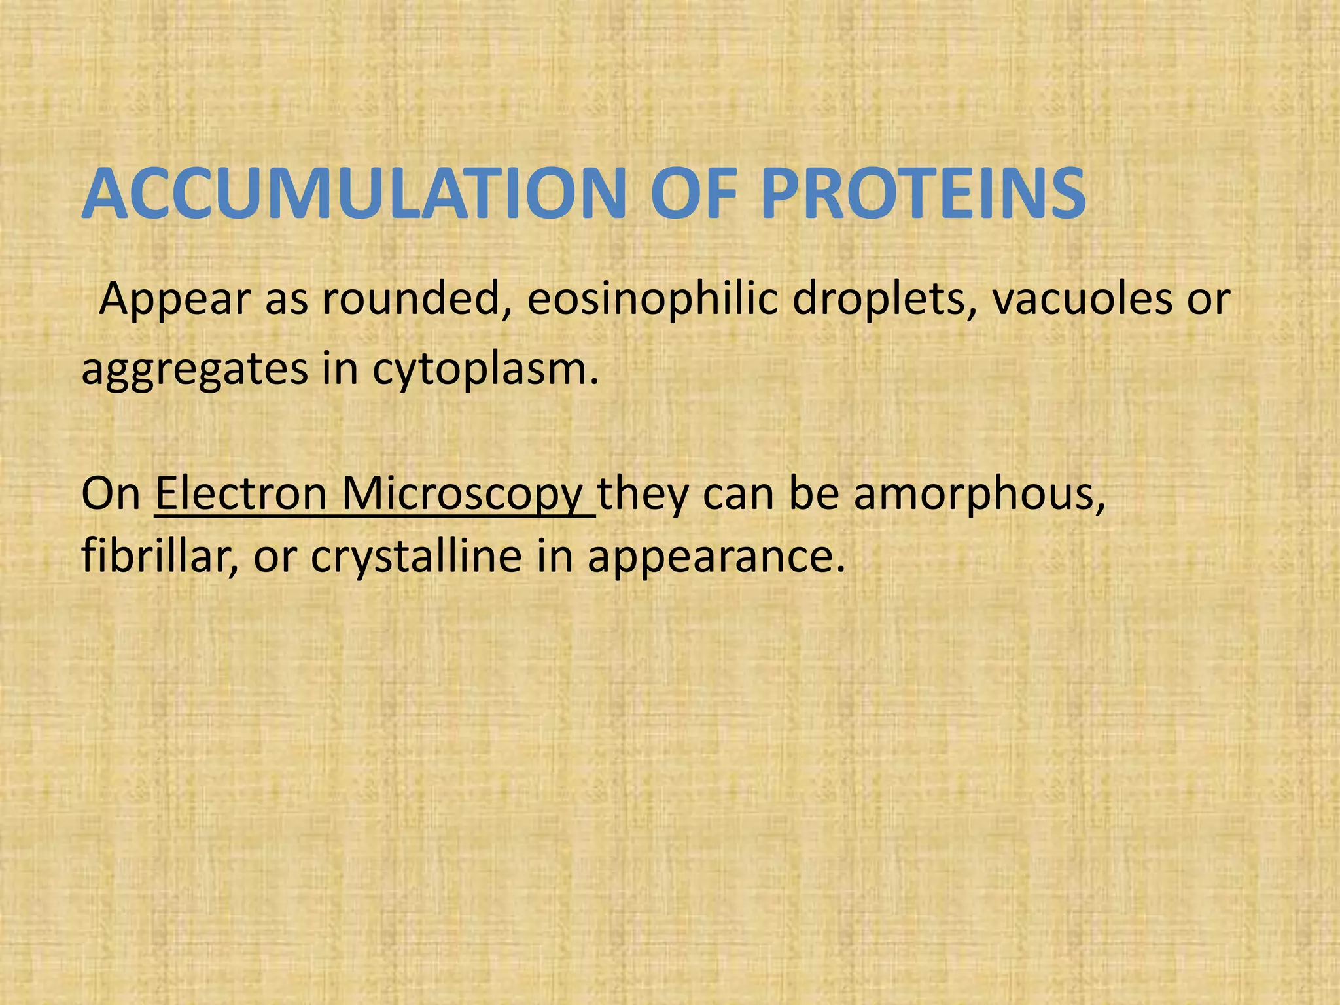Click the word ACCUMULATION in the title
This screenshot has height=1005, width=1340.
click(x=353, y=194)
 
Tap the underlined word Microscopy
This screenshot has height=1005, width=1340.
click(x=462, y=495)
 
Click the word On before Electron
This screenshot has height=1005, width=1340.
click(x=111, y=493)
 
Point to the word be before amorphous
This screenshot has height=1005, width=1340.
click(x=814, y=493)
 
